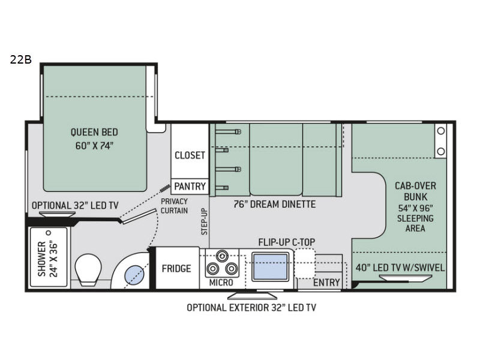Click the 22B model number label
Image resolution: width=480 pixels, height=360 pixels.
(21, 59)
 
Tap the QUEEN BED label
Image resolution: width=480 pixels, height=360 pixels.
(94, 132)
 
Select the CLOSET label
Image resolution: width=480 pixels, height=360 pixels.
(190, 155)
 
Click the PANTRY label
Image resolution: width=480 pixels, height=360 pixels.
(190, 186)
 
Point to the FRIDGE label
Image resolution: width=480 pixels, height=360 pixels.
(176, 268)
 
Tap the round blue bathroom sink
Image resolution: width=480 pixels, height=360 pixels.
(134, 275)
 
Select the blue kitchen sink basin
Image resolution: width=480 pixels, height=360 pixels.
(271, 266)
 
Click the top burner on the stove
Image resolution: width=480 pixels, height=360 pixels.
(222, 256)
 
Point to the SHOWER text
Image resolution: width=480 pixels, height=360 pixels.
(41, 259)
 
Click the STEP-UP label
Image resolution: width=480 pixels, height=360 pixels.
(205, 221)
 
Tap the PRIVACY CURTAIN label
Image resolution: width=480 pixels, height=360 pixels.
(174, 206)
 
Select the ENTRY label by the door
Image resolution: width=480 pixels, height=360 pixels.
(326, 282)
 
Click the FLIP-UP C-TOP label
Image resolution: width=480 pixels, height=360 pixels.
(287, 242)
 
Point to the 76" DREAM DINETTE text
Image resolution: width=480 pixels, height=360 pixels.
(275, 204)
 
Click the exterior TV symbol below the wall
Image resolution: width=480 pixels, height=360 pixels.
(252, 295)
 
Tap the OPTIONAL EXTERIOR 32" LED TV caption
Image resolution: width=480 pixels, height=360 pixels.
(251, 307)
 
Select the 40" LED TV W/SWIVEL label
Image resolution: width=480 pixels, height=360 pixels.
(400, 268)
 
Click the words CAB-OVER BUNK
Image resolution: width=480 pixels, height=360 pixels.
(415, 191)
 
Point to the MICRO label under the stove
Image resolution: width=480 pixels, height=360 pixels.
(221, 283)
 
